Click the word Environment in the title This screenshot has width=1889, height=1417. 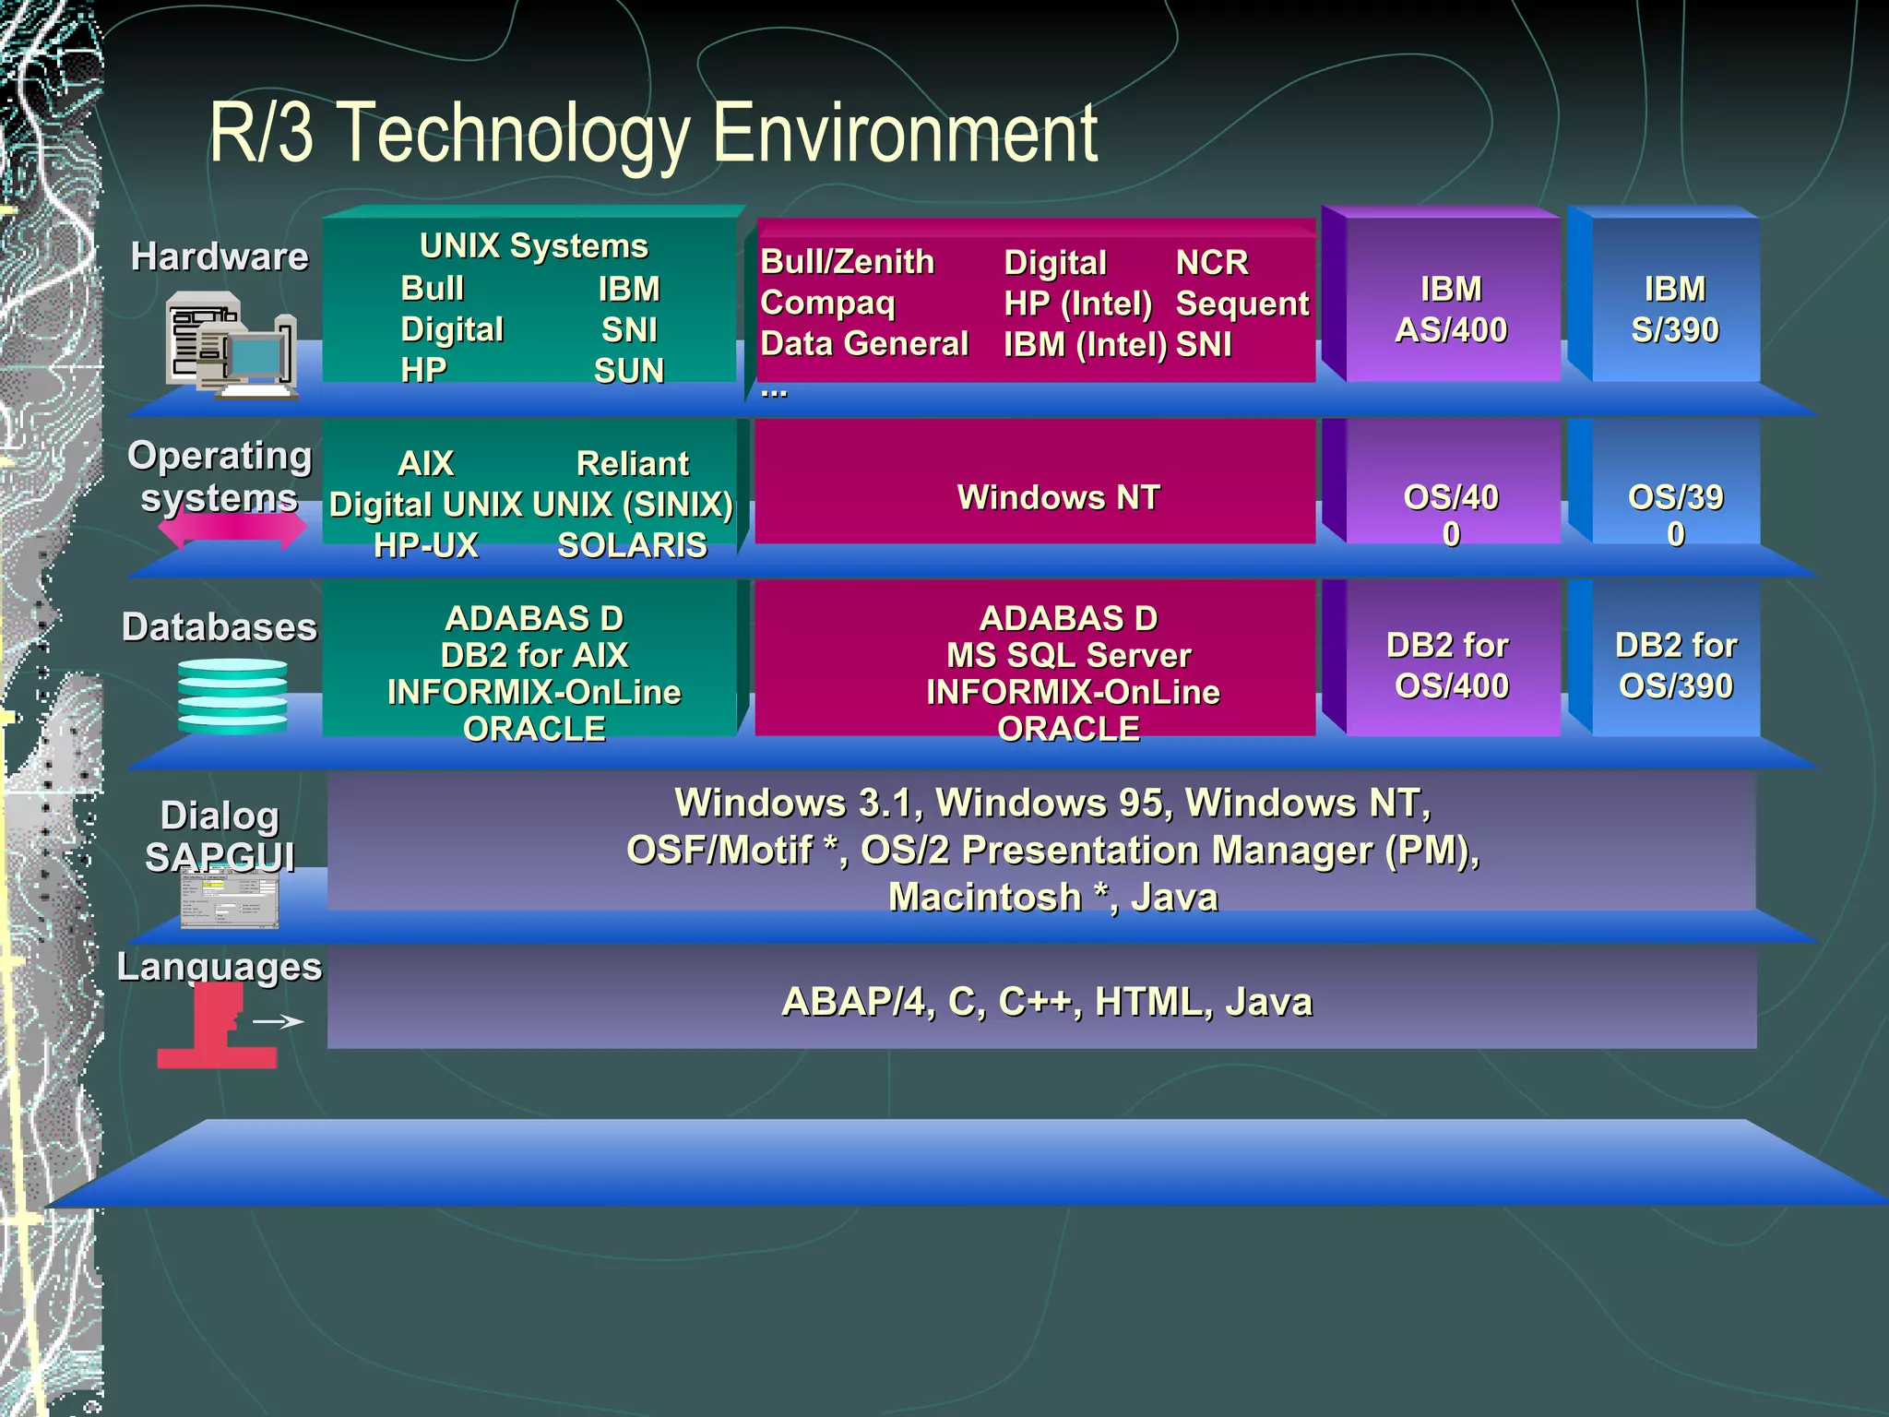click(904, 134)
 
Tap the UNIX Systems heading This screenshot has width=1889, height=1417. click(533, 246)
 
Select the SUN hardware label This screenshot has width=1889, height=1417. click(629, 371)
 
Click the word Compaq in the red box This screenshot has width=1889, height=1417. click(827, 303)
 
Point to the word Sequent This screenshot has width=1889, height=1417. click(1242, 304)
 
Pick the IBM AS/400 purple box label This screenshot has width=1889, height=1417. click(1451, 309)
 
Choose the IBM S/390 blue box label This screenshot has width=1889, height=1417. click(1675, 309)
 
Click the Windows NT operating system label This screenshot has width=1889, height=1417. click(1058, 497)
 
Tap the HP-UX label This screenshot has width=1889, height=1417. click(426, 545)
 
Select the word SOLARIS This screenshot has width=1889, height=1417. click(632, 545)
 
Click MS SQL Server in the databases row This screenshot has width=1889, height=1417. click(1068, 655)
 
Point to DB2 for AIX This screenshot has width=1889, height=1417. click(534, 655)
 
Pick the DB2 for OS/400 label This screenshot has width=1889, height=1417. click(1450, 665)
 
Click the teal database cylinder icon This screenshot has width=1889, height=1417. click(232, 697)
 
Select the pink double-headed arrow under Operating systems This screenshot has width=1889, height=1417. click(232, 530)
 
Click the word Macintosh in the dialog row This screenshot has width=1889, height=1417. click(984, 897)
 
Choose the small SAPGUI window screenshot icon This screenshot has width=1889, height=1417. click(230, 899)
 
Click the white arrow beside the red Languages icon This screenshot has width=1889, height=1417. click(278, 1021)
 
